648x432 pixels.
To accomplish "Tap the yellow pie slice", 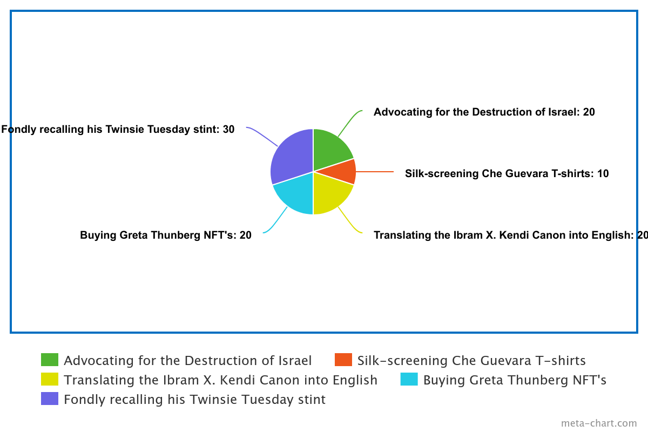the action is pos(330,194).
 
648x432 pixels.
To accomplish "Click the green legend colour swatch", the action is pos(50,360).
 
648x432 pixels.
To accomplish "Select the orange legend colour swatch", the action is pos(343,360).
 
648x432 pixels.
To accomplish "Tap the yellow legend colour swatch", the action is pos(50,380).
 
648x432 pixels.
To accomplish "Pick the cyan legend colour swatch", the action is pos(409,380).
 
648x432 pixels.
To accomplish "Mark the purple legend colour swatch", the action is pos(50,399).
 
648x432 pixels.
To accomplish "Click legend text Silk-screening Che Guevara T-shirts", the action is pos(471,360).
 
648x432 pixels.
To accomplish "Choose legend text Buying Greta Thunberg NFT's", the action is pos(515,380).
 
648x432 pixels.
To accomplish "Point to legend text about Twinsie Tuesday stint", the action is pos(195,399).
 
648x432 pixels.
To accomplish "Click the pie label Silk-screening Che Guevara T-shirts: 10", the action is pos(507,173).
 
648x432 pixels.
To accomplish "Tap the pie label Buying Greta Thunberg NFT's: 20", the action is pos(166,235).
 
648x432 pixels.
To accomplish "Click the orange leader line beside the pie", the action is pos(375,172).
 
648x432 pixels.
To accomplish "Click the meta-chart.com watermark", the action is pos(599,423).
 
